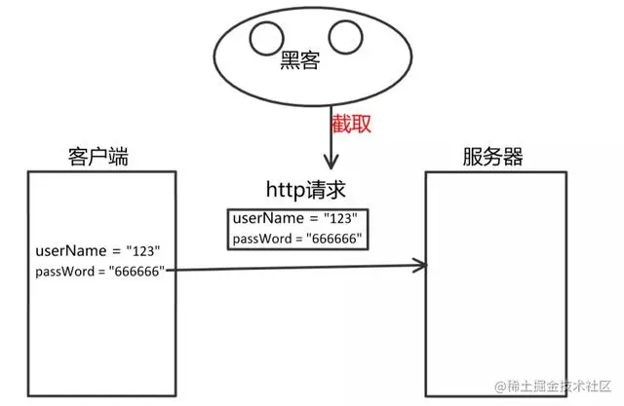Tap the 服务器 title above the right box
point(495,157)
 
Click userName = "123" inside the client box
point(97,252)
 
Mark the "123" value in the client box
point(143,252)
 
